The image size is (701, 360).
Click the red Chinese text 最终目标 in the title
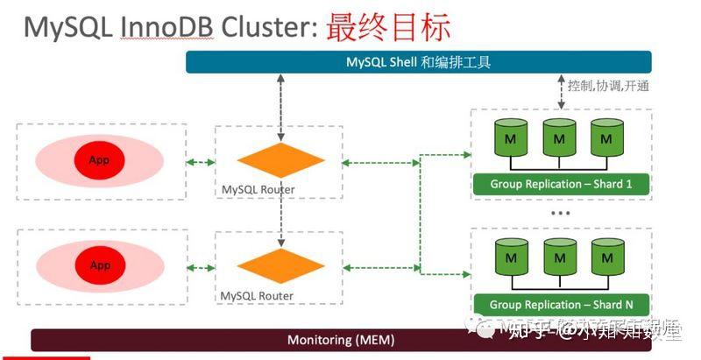point(387,26)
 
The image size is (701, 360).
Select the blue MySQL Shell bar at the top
point(418,62)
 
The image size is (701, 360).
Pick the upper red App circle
point(99,160)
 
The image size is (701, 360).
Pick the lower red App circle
point(99,265)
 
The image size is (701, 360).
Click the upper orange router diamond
point(281,161)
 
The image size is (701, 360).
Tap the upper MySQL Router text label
point(258,189)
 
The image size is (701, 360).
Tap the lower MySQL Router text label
point(258,296)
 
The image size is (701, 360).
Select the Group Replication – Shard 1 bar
point(561,185)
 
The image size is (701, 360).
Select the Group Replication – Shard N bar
point(561,305)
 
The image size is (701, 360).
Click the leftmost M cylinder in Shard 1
point(509,139)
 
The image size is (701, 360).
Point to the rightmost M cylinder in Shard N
point(606,259)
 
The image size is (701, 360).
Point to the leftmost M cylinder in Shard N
point(509,259)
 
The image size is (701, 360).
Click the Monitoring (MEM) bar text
point(341,340)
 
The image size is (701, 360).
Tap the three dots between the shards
point(560,213)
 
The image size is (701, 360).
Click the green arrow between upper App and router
point(201,161)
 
